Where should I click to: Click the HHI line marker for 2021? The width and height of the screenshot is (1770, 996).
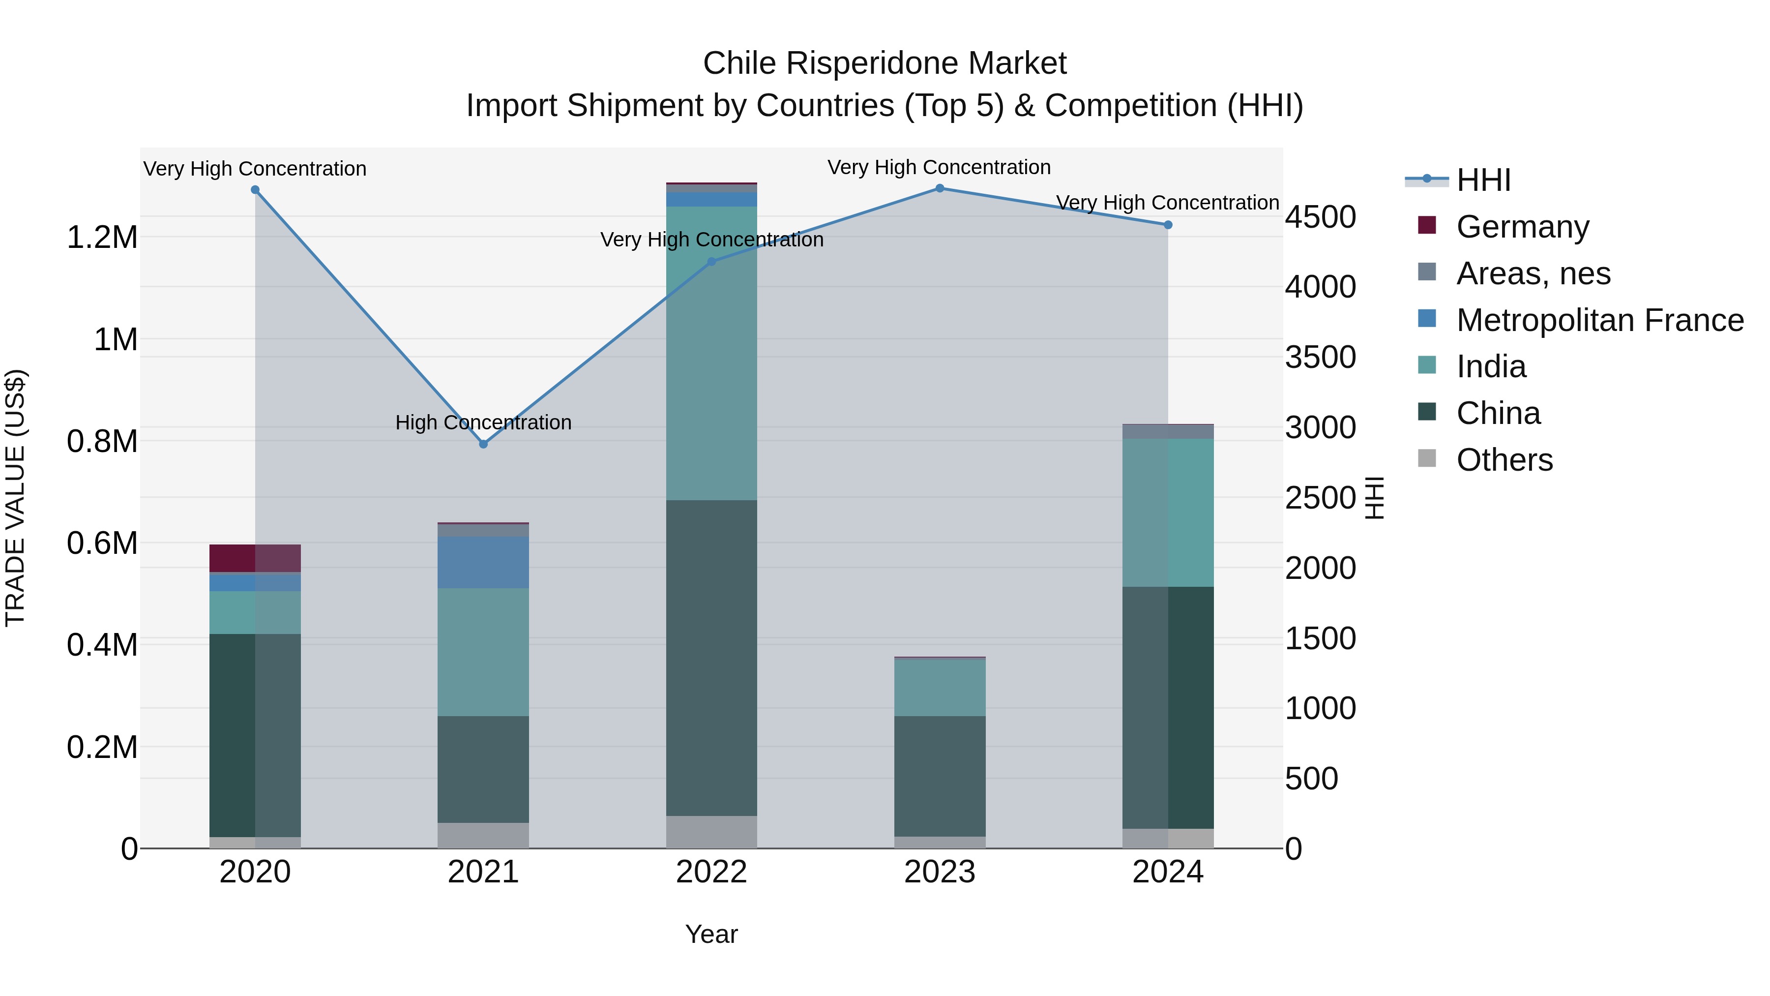tap(483, 444)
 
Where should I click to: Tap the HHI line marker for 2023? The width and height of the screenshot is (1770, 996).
tap(939, 188)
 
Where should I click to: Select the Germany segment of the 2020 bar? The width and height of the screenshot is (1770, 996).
tap(255, 558)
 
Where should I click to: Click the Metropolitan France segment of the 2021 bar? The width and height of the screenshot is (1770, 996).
tap(483, 562)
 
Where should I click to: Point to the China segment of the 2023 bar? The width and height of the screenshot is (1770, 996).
tap(939, 776)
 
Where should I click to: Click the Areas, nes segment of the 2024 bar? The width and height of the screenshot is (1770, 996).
tap(1167, 432)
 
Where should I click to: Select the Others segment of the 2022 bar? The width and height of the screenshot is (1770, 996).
tap(711, 832)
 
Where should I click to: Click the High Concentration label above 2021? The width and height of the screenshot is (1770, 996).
tap(483, 422)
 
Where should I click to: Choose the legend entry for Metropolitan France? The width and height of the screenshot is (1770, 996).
tap(1599, 320)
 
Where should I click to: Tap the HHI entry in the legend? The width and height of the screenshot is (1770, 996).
tap(1483, 180)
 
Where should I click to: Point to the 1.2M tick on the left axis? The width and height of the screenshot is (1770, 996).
tap(102, 238)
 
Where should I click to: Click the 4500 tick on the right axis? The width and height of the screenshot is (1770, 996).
tap(1320, 217)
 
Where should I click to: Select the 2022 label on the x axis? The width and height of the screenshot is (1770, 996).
tap(711, 872)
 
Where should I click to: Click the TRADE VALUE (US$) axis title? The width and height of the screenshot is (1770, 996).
tap(15, 498)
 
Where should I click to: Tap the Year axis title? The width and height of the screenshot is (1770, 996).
tap(711, 934)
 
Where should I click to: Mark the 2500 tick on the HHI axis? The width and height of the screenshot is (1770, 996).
tap(1320, 498)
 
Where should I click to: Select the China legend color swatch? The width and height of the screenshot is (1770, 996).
tap(1426, 412)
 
